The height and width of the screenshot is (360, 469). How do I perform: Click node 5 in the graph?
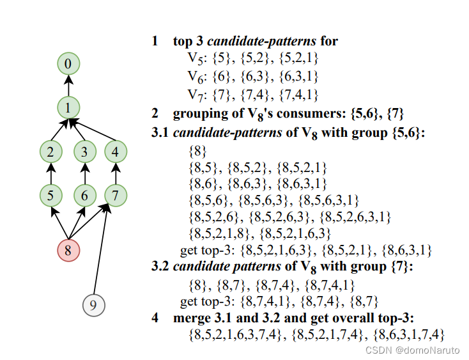point(50,195)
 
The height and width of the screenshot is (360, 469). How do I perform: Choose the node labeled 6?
point(84,195)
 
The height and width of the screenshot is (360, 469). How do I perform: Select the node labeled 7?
point(115,195)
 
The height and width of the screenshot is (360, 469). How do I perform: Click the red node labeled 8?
point(68,250)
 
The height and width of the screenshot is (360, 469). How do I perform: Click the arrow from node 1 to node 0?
point(68,85)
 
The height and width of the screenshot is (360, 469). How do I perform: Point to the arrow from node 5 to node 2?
point(50,173)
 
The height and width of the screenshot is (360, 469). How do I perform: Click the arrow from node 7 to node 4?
point(115,173)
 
